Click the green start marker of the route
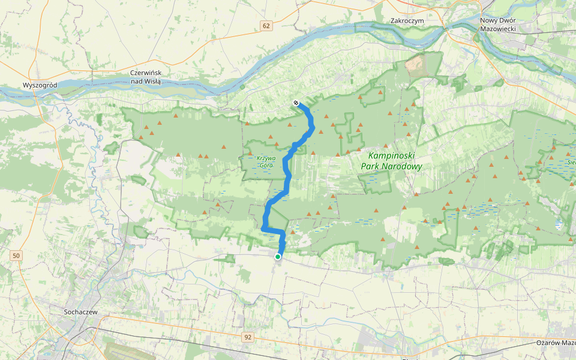click(278, 257)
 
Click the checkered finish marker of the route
click(296, 103)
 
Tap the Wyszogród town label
click(40, 85)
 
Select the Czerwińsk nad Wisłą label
click(146, 77)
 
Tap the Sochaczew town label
click(81, 312)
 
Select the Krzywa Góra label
click(265, 161)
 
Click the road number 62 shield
click(266, 26)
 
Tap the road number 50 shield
click(16, 256)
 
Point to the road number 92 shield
click(248, 338)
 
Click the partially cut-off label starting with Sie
click(571, 162)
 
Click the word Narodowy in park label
click(404, 167)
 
